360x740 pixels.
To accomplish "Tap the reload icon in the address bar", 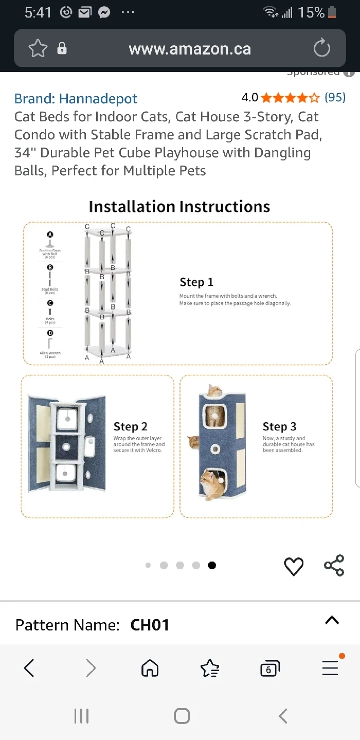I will click(x=321, y=49).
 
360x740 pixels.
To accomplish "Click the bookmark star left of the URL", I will click(x=38, y=49).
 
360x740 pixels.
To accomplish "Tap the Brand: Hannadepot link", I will click(x=76, y=98).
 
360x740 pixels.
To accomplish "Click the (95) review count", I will click(x=335, y=97).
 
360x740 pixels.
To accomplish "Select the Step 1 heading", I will click(x=196, y=282).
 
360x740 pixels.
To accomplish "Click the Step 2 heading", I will click(x=130, y=426).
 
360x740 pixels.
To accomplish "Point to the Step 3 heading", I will click(x=279, y=426).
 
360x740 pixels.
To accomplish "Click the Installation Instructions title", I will click(x=179, y=206).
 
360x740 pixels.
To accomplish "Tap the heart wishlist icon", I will click(x=294, y=566).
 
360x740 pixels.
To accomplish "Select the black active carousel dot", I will click(x=212, y=565).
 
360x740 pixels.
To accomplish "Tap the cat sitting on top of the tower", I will click(x=214, y=390).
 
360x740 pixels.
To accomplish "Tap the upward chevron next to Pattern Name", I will click(x=332, y=620).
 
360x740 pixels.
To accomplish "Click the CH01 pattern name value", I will click(x=150, y=625).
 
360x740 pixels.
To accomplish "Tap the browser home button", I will click(x=150, y=668).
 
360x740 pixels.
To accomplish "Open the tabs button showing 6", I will click(x=269, y=669).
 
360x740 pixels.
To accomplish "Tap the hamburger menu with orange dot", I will click(x=330, y=668).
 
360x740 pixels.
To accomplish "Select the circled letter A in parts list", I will click(x=50, y=234).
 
